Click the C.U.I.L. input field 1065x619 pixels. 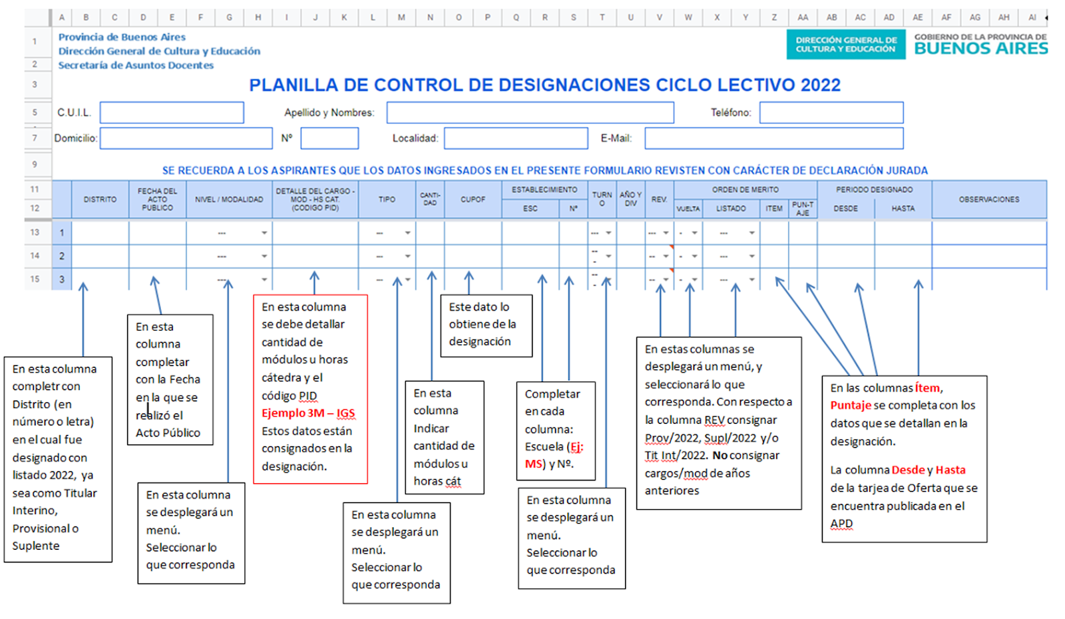point(172,112)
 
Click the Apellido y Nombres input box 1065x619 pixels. point(530,112)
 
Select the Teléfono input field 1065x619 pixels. point(831,112)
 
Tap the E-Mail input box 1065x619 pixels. point(774,138)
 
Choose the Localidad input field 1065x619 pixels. point(516,138)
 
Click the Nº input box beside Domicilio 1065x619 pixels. point(329,138)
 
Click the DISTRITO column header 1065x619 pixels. point(100,199)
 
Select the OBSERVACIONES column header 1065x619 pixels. point(989,199)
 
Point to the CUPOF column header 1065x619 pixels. point(473,199)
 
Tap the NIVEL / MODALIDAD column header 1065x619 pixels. point(229,199)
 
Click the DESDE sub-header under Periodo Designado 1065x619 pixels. point(846,209)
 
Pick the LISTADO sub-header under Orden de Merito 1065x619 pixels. point(732,209)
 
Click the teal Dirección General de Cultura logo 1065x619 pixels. point(846,44)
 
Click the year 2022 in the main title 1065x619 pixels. point(821,85)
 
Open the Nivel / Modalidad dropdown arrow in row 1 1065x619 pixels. point(264,233)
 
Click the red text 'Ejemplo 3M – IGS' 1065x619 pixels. point(308,413)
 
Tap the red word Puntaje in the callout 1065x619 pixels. point(851,405)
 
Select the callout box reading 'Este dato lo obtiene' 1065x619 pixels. point(487,325)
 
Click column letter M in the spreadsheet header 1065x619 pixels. point(401,17)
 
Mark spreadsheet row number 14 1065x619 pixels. point(35,256)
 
